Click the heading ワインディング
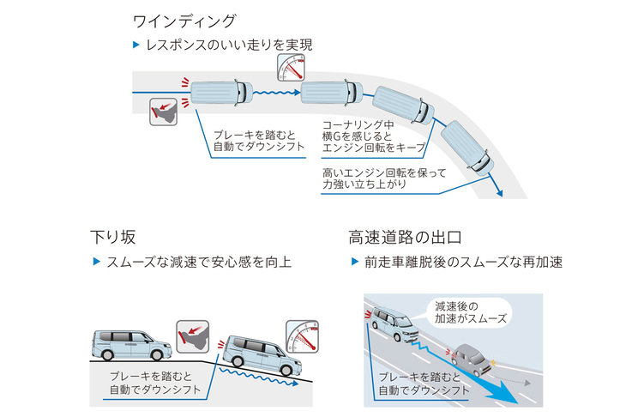pos(184,20)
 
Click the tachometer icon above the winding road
pos(292,67)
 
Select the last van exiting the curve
pos(466,148)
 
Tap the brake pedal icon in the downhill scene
pos(191,334)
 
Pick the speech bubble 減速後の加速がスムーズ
pos(470,311)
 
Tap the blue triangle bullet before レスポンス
pos(135,44)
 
